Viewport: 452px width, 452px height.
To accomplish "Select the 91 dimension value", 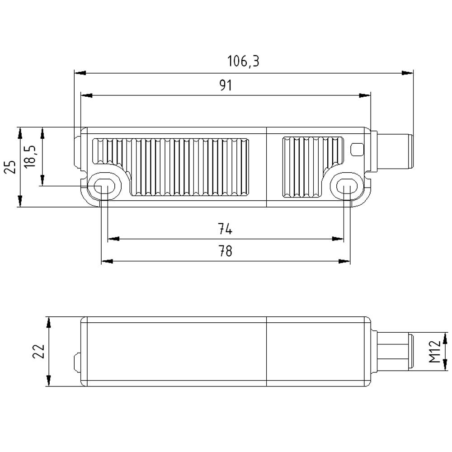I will coord(225,85).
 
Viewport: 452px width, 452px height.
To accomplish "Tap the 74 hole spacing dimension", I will coord(225,230).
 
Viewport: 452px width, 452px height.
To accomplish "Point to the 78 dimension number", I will coord(225,251).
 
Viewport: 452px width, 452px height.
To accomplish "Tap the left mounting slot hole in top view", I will coord(104,186).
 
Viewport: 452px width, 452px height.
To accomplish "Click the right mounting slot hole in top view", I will coord(347,186).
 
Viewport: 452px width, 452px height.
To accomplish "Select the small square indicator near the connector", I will coord(357,149).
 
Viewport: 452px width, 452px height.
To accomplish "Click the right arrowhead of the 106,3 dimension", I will coord(409,73).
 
